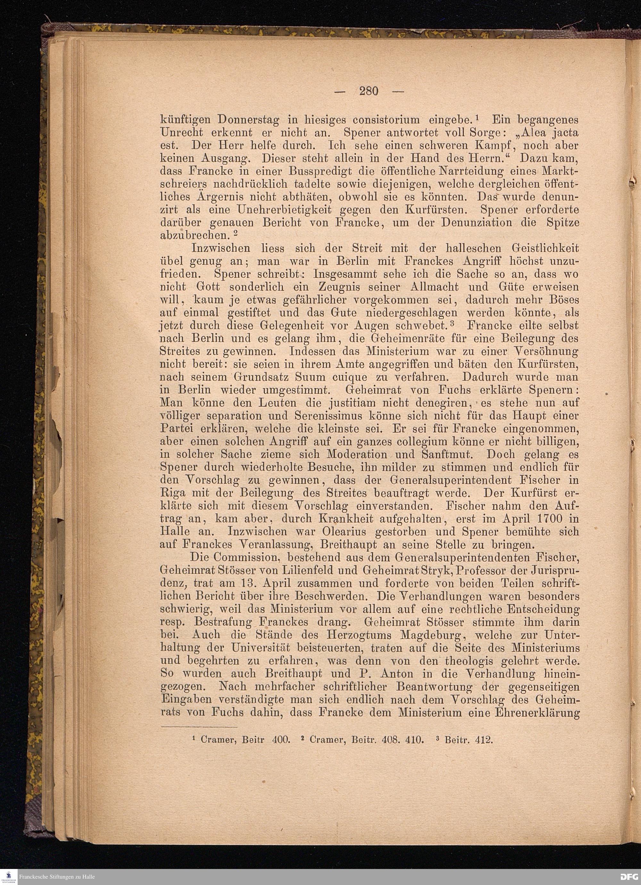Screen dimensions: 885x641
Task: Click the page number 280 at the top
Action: tap(369, 91)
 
